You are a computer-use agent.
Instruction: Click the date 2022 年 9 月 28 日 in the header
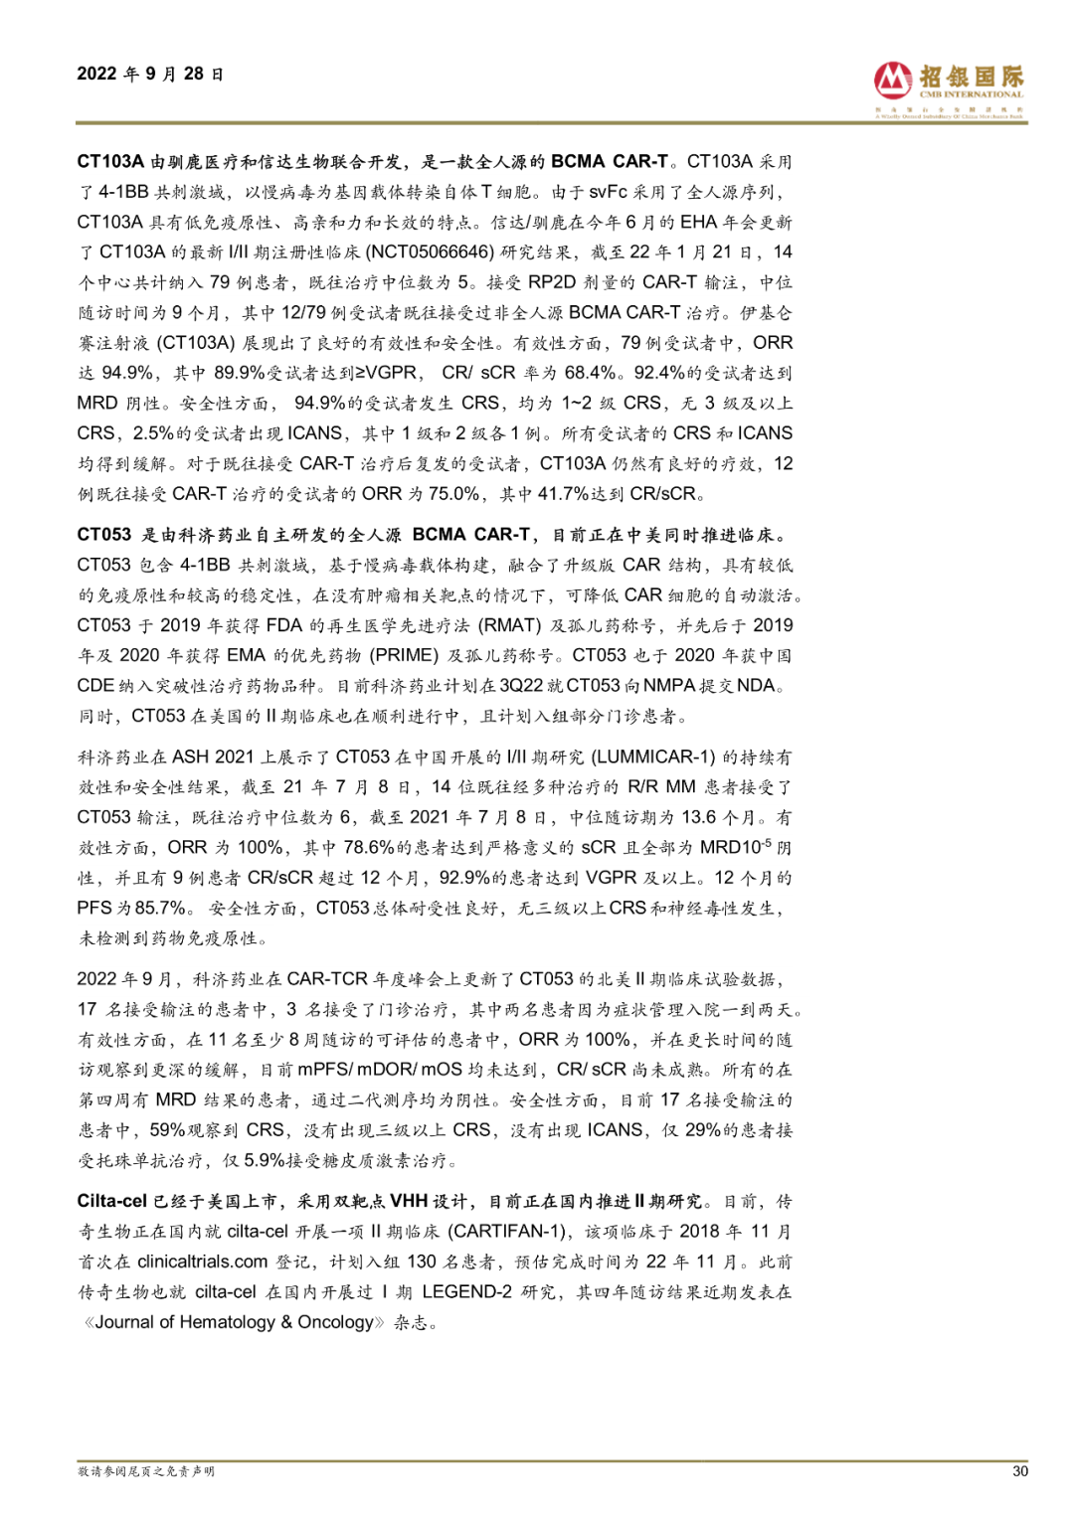[x=150, y=74]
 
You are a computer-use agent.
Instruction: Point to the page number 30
[x=1019, y=1471]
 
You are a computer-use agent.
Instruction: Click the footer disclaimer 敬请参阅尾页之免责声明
[x=146, y=1471]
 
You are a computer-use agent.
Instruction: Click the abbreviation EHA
[x=699, y=222]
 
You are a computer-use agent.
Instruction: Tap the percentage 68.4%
[x=591, y=373]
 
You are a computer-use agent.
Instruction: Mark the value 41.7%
[x=564, y=493]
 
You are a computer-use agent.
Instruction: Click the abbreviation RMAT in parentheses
[x=510, y=625]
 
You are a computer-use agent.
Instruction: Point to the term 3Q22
[x=522, y=686]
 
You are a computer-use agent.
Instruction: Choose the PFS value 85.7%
[x=161, y=908]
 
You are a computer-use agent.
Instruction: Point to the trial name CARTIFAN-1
[x=507, y=1231]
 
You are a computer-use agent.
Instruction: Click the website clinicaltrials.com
[x=203, y=1262]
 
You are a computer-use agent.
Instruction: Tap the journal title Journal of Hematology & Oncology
[x=235, y=1322]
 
